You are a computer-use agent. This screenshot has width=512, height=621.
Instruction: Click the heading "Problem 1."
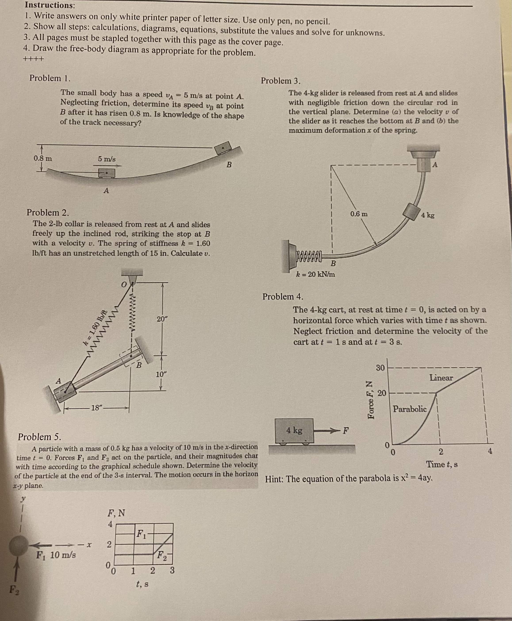click(x=50, y=78)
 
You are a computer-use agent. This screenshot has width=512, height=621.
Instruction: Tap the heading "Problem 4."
click(x=283, y=296)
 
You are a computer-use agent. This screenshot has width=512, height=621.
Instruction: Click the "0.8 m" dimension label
click(x=43, y=158)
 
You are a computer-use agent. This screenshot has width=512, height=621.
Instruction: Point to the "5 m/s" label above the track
click(x=107, y=159)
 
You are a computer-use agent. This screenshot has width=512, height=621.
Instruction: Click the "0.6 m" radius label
click(x=359, y=214)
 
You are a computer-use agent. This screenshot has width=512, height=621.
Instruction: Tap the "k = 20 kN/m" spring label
click(x=315, y=274)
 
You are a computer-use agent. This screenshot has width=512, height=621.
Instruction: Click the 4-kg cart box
click(x=294, y=431)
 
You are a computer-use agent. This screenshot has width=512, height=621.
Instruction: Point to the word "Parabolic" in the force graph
click(x=410, y=409)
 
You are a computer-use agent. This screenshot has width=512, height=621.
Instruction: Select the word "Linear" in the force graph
click(x=441, y=378)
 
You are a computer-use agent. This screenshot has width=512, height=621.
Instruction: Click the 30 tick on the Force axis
click(x=380, y=368)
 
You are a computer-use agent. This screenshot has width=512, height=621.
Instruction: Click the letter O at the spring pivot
click(x=124, y=284)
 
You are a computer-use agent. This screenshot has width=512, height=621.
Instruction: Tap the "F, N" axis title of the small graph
click(x=116, y=513)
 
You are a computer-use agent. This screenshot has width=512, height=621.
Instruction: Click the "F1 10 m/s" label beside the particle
click(x=56, y=555)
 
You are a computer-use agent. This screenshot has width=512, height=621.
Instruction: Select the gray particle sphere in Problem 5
click(x=19, y=546)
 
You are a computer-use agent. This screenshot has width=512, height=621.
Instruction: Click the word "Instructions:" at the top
click(x=50, y=5)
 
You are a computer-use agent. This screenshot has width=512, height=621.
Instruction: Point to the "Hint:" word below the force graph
click(x=274, y=479)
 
